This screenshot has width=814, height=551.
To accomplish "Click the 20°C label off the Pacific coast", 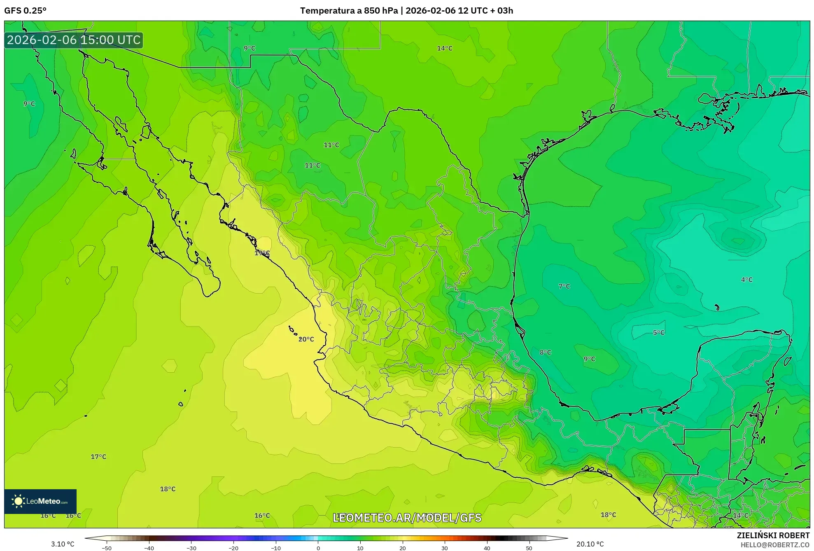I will point(306,339).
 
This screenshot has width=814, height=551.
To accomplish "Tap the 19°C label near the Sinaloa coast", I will point(262,253).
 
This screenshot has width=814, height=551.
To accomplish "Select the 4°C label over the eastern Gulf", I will point(746,280).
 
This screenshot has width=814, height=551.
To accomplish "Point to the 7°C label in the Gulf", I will point(564,286).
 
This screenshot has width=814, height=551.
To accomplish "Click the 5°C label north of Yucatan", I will point(658,333).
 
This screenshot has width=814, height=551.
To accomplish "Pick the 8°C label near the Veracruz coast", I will point(545,353).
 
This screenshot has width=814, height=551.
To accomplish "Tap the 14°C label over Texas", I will point(444,49).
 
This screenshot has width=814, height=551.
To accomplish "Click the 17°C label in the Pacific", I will point(98,457).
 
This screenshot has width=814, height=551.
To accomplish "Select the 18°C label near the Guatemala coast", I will point(608,515).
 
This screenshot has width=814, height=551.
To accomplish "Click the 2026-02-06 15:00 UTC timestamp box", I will point(74,40).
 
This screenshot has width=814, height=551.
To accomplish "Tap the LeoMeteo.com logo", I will point(40,501).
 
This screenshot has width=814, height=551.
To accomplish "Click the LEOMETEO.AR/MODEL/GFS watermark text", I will point(407,518).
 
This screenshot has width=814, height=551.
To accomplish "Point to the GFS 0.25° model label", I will point(25,11).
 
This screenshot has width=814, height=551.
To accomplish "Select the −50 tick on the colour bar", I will point(107,548).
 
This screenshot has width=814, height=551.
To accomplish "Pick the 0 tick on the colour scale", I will point(318,548).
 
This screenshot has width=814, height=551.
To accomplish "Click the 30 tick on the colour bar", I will point(445,548).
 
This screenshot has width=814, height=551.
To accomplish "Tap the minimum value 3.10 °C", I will point(63,544).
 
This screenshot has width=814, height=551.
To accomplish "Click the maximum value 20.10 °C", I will point(590,544).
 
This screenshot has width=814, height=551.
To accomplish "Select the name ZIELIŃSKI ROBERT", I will point(773,535).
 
